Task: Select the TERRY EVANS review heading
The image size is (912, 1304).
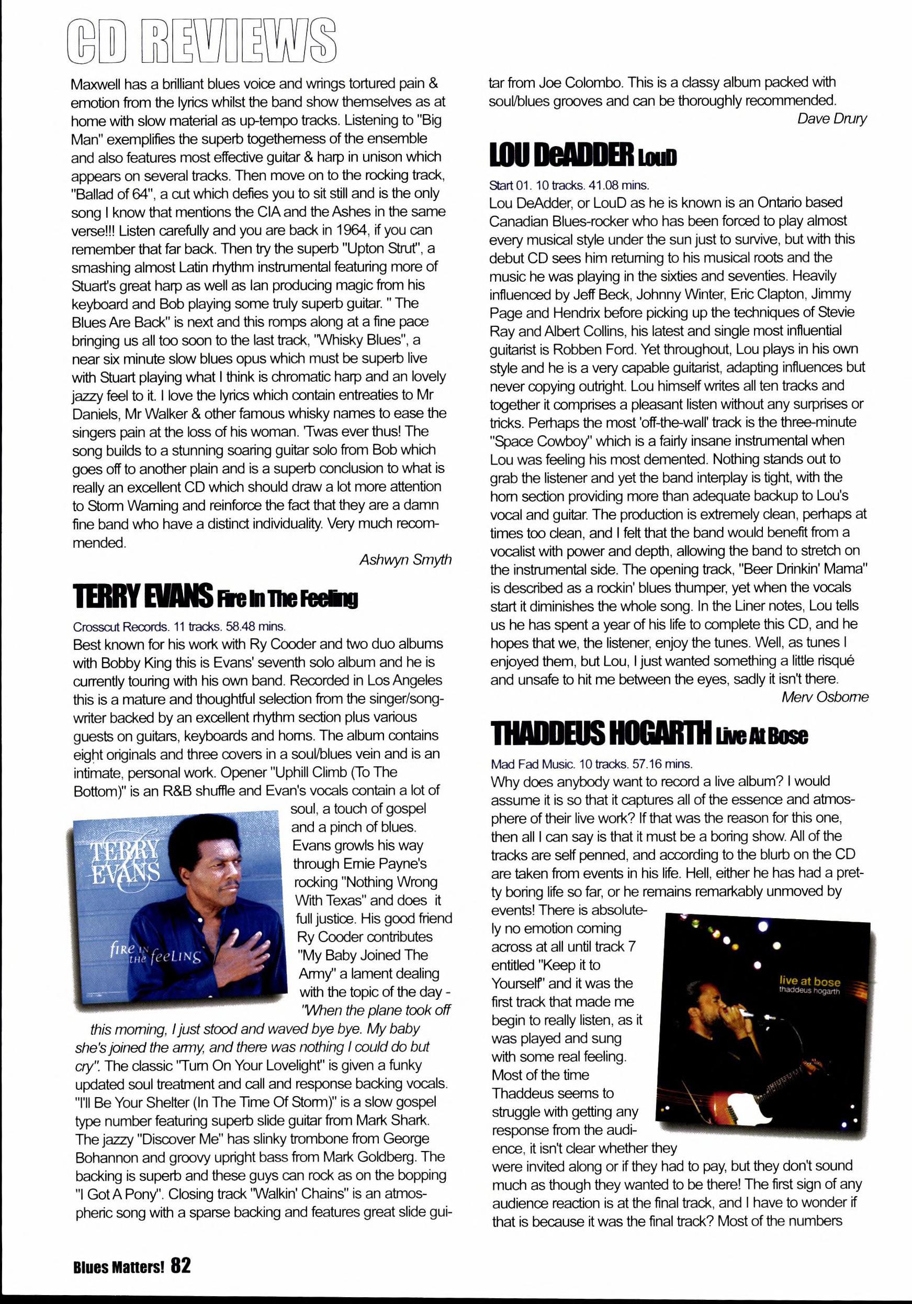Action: coord(142,597)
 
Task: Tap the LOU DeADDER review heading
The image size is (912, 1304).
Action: coord(561,154)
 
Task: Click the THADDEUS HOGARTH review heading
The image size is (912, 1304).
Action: coord(601,733)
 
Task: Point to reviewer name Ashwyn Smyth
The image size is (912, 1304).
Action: coord(405,559)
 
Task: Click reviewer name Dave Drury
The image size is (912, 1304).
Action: coord(831,119)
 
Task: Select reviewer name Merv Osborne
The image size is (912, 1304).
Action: coord(824,697)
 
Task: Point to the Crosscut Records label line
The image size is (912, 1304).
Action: coord(179,626)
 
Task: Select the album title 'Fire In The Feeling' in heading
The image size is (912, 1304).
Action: coord(287,599)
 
